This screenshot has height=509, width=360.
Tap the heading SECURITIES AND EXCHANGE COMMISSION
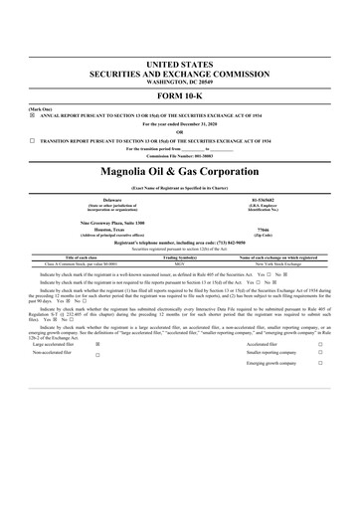(180, 72)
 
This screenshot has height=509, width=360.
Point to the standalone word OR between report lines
(180, 132)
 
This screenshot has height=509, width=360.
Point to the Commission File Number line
(180, 155)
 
